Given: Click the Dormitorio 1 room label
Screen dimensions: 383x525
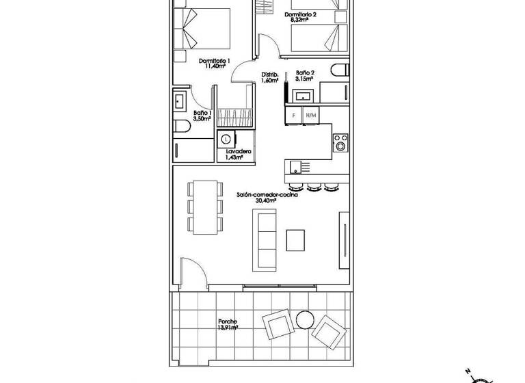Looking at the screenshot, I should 213,62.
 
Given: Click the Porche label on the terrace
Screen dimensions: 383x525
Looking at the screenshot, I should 228,321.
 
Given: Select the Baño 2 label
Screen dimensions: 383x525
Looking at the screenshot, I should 305,72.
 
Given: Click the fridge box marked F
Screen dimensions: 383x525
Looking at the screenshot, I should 293,115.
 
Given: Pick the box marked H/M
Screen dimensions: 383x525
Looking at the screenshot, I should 310,115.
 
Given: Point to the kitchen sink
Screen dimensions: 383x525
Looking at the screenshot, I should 295,166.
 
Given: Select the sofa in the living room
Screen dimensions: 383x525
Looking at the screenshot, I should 265,239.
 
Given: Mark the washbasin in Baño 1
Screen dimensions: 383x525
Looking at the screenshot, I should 179,103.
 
